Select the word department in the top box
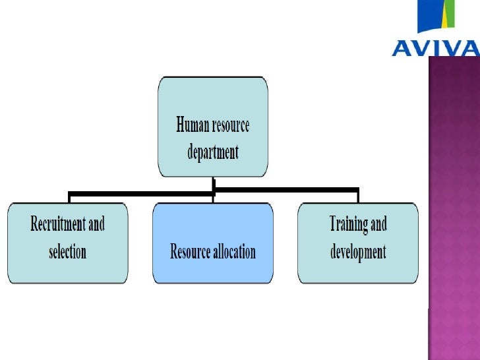coord(213,152)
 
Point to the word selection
coord(68,251)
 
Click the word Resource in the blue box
coord(191,251)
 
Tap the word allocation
coord(233,251)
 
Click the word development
coord(358,251)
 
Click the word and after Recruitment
coord(96,224)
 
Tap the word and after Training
coord(378,224)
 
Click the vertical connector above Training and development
coord(357,197)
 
